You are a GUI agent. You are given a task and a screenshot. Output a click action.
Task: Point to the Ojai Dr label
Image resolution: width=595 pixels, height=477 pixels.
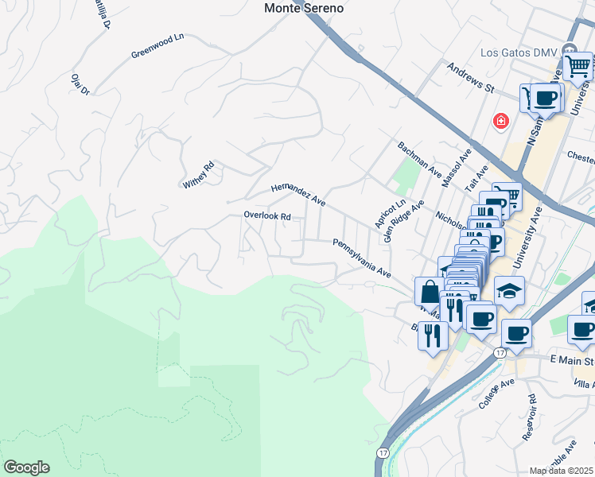tap(80, 83)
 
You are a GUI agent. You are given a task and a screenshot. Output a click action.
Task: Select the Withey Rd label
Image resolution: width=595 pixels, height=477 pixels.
tap(199, 175)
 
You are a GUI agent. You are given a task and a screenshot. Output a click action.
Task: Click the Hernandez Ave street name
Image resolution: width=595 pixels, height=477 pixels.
tap(298, 194)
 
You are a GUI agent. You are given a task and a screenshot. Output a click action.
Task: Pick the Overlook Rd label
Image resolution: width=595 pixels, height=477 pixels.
tap(267, 216)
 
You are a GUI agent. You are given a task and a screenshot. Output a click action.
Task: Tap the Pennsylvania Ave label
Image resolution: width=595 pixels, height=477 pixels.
tap(362, 258)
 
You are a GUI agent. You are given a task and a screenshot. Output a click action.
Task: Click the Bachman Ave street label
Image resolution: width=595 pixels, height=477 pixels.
tap(419, 159)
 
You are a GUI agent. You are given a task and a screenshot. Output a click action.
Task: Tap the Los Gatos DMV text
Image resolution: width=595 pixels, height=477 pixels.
tap(519, 53)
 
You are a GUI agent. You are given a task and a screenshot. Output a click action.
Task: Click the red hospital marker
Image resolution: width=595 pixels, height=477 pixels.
tap(501, 121)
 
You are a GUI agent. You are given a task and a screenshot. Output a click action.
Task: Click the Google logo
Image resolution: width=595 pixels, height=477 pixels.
tap(26, 467)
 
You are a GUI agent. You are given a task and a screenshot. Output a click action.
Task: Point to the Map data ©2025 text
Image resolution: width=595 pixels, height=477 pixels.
tap(562, 471)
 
